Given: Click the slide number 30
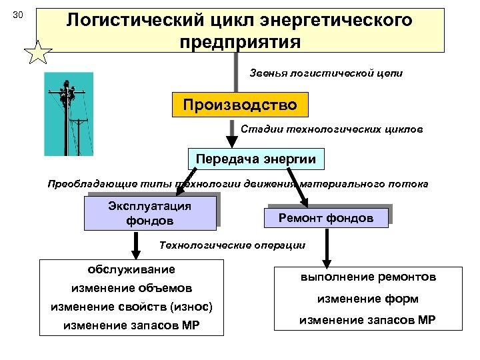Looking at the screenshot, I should point(19,15).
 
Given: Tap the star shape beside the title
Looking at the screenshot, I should point(38,52).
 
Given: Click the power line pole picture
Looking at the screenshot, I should point(69,114).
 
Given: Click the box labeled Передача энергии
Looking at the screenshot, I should point(256,158).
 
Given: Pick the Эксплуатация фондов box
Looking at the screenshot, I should point(150,213).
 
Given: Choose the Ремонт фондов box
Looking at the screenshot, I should point(326,218).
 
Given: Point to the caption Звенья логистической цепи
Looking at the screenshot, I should point(326,73).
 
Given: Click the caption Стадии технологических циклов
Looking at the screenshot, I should point(331,129).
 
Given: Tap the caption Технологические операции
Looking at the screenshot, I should point(232,245).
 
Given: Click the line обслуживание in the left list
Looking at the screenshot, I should point(131,270).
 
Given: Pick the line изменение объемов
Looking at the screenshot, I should point(131,289).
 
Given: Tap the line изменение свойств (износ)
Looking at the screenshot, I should point(131,307).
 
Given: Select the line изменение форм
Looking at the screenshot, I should point(367,299).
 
